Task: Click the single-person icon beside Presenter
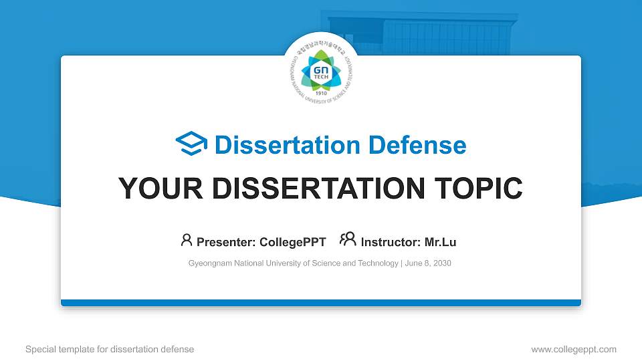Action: click(x=187, y=240)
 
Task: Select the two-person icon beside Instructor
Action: click(x=348, y=239)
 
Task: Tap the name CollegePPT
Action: click(x=293, y=242)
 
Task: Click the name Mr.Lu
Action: click(x=440, y=242)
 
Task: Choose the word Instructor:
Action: click(x=391, y=242)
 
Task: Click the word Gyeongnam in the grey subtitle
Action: click(x=211, y=263)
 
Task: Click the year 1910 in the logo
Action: click(x=321, y=93)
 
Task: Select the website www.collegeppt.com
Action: click(x=573, y=349)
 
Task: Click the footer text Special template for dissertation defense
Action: click(x=110, y=349)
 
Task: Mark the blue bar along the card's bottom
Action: click(x=321, y=303)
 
